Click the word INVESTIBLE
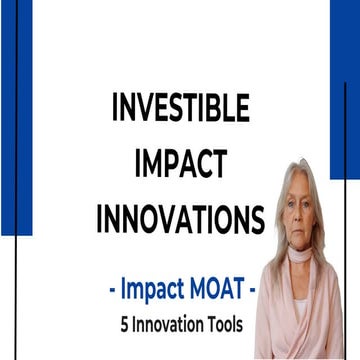pyautogui.click(x=181, y=107)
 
